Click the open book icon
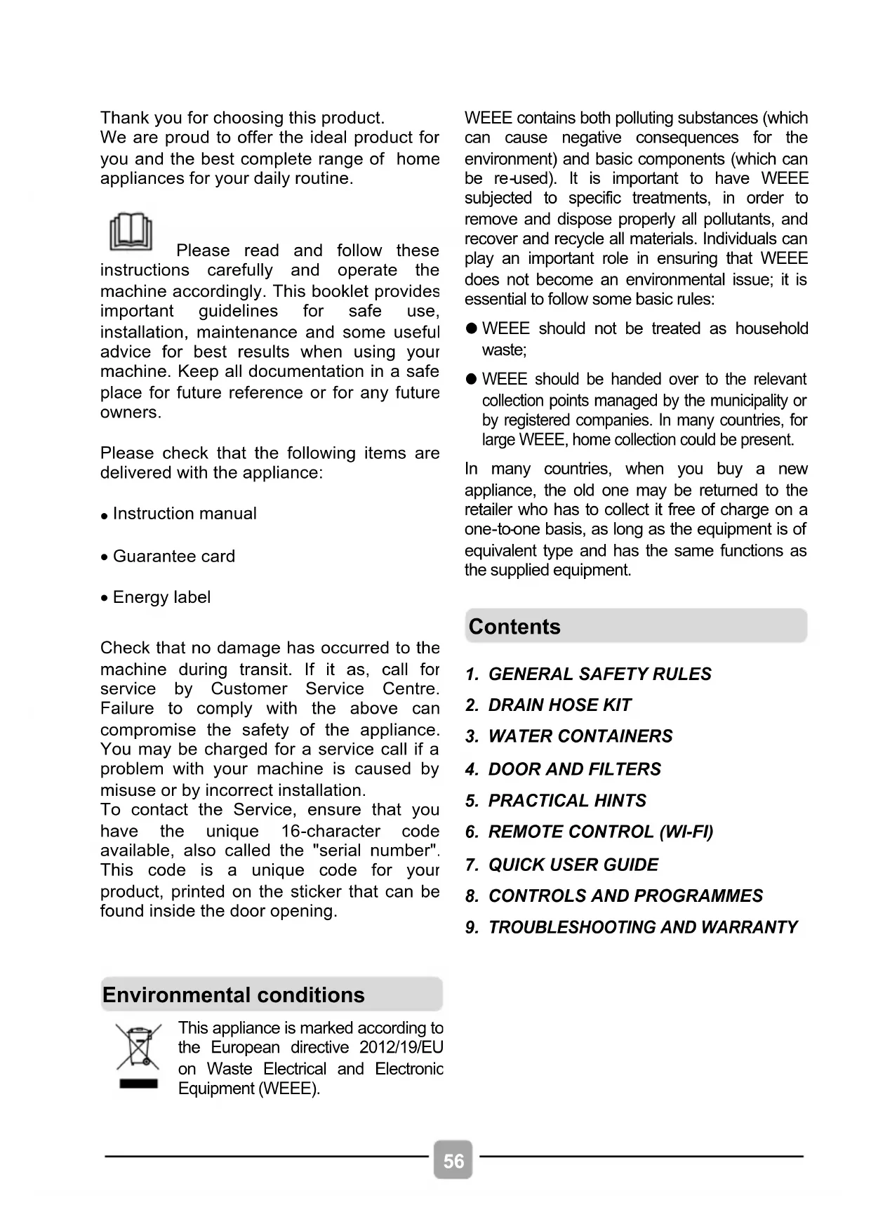coord(131,232)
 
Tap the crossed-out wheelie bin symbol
coord(138,1056)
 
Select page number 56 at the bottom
coord(453,1161)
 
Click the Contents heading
coord(514,627)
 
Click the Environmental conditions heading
coord(234,995)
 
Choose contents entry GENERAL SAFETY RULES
coord(599,674)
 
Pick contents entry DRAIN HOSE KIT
coord(559,705)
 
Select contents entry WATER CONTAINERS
coord(580,736)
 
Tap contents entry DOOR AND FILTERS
coord(574,769)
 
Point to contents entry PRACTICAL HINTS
coord(567,801)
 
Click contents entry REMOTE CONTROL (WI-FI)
coord(600,832)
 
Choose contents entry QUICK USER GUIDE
coord(573,865)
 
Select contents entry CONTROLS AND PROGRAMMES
coord(625,896)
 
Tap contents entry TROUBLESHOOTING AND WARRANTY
coord(643,928)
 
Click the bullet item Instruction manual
coord(185,514)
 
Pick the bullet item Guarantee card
coord(174,557)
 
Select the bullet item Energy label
coord(161,597)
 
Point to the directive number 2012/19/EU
coord(401,1048)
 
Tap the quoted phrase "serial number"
coord(379,851)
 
